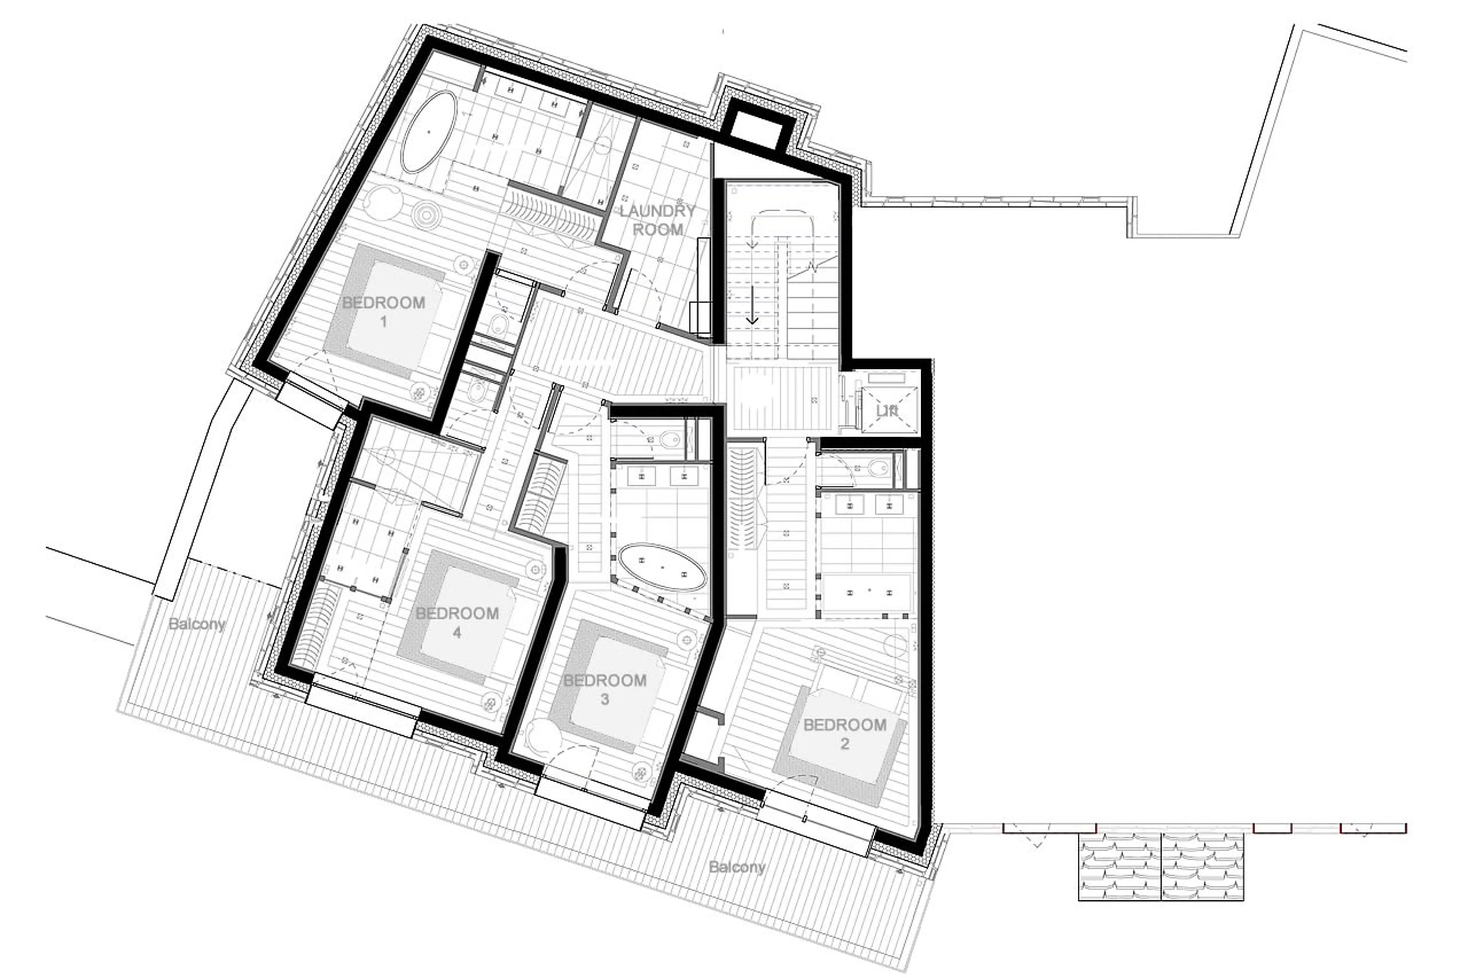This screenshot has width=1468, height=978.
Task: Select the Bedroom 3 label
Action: [604, 689]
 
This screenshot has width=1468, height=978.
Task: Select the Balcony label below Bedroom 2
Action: [737, 867]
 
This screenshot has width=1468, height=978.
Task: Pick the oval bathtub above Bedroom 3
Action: [661, 567]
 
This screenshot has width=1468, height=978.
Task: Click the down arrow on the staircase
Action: [752, 306]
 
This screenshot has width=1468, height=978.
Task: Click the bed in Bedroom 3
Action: [608, 686]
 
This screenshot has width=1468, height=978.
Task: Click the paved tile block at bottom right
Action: [1160, 867]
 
